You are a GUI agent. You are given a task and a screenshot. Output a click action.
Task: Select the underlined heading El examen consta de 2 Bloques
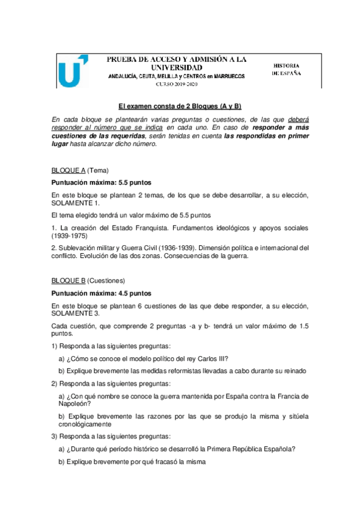[179, 106]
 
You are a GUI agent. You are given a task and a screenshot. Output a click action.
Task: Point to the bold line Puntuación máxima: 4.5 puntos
[101, 293]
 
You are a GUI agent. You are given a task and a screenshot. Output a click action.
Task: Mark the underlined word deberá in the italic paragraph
[298, 119]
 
